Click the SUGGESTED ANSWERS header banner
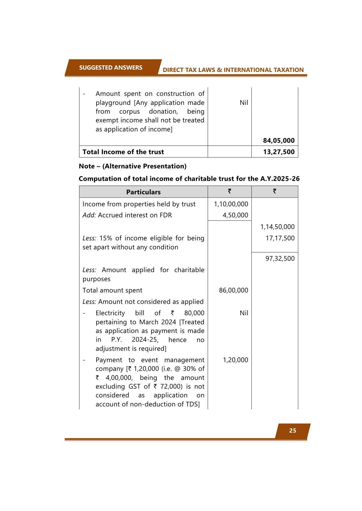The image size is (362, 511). pyautogui.click(x=111, y=68)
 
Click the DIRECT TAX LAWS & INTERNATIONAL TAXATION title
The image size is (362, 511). pyautogui.click(x=233, y=70)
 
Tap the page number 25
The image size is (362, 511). pyautogui.click(x=293, y=431)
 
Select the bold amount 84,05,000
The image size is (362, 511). pyautogui.click(x=279, y=140)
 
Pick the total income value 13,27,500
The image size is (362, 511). pyautogui.click(x=279, y=152)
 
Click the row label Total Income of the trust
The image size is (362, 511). pyautogui.click(x=123, y=152)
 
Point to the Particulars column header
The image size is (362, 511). pyautogui.click(x=143, y=192)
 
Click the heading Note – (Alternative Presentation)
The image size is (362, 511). pyautogui.click(x=132, y=166)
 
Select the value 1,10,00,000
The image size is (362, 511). pyautogui.click(x=231, y=204)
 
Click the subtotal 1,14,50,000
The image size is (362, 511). pyautogui.click(x=277, y=227)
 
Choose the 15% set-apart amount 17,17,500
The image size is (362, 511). pyautogui.click(x=280, y=238)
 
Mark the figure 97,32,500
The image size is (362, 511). pyautogui.click(x=280, y=258)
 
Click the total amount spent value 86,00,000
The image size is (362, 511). pyautogui.click(x=233, y=290)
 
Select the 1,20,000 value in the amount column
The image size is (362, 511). pyautogui.click(x=235, y=360)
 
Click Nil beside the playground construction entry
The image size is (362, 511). pyautogui.click(x=244, y=103)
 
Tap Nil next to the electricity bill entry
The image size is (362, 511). pyautogui.click(x=244, y=313)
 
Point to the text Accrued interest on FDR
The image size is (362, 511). pyautogui.click(x=135, y=215)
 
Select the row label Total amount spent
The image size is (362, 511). pyautogui.click(x=112, y=290)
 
